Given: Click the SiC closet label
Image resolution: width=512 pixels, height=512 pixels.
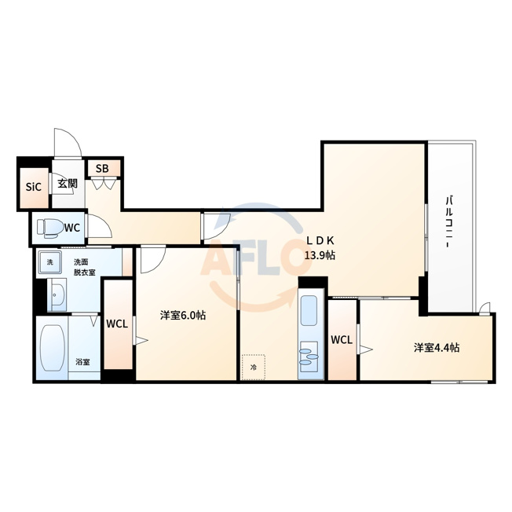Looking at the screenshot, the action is point(34,187).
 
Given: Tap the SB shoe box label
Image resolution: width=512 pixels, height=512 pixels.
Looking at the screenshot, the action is point(102,169).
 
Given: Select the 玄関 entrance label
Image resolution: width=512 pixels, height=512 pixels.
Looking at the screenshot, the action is point(68,184).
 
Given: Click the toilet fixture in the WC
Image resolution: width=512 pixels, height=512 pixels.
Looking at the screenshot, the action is point(50,227).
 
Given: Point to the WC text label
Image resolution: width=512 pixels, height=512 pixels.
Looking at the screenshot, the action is point(72,228).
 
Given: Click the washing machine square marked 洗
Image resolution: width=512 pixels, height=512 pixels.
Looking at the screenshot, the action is point(49,261).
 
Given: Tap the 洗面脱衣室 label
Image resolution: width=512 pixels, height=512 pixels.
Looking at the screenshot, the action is point(83,267).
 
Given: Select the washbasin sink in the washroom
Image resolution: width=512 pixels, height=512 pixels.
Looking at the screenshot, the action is point(57,294).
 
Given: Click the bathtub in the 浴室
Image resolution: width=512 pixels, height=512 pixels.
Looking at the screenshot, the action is point(53,348).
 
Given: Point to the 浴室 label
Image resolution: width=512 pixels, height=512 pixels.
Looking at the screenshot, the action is point(83,362).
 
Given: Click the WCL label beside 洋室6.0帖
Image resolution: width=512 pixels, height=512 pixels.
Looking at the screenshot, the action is point(117,324).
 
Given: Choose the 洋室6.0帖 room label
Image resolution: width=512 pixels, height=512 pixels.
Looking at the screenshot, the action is point(183,316).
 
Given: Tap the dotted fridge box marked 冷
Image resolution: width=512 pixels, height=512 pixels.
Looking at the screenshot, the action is point(253,367).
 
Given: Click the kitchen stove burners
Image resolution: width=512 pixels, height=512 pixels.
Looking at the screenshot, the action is point(309,357).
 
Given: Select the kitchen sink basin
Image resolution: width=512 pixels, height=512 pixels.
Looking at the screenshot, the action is point(309,310).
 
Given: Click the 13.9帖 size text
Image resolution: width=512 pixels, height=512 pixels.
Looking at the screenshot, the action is point(320,255).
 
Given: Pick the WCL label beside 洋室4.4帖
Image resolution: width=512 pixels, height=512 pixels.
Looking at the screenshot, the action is point(342,340).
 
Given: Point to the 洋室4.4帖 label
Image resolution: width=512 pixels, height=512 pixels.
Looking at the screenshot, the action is point(437,348).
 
